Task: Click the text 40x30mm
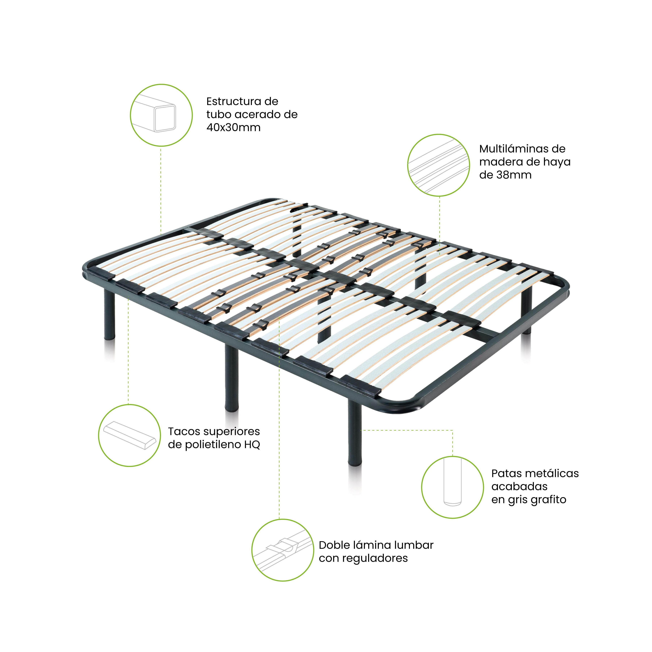click(233, 128)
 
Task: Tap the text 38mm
click(514, 175)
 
